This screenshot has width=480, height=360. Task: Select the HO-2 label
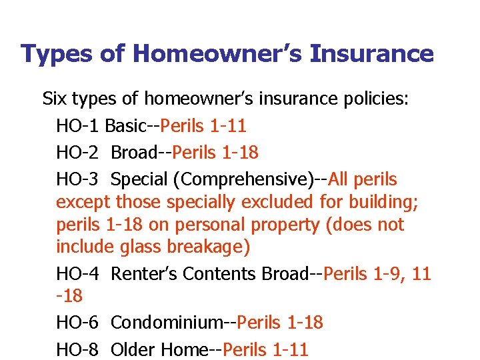pyautogui.click(x=78, y=152)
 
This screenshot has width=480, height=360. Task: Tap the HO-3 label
pyautogui.click(x=78, y=179)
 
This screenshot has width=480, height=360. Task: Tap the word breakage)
pyautogui.click(x=209, y=247)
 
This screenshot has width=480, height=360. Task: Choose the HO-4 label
pyautogui.click(x=78, y=273)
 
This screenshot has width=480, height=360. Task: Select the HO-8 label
pyautogui.click(x=78, y=349)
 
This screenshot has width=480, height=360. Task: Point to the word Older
pyautogui.click(x=132, y=349)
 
